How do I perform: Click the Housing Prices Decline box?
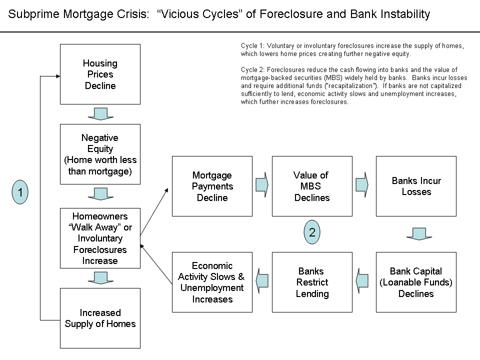tap(100, 74)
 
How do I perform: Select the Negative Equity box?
tap(100, 154)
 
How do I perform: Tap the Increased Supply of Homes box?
tap(100, 318)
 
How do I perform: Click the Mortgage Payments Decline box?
tap(212, 186)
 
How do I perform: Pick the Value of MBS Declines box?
tap(312, 186)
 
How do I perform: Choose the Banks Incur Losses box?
tap(416, 186)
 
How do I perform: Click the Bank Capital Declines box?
tap(416, 282)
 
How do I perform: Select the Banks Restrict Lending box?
tap(312, 282)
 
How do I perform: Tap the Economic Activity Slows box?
tap(212, 282)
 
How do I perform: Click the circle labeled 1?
tap(20, 192)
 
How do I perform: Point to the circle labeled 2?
tap(312, 232)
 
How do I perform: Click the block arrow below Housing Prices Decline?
tap(100, 114)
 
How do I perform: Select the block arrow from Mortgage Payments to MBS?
tap(262, 185)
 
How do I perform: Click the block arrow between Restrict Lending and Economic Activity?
tap(262, 281)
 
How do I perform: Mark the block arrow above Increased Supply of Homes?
tap(100, 277)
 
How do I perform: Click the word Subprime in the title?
tap(29, 14)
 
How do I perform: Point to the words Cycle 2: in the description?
tap(251, 70)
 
